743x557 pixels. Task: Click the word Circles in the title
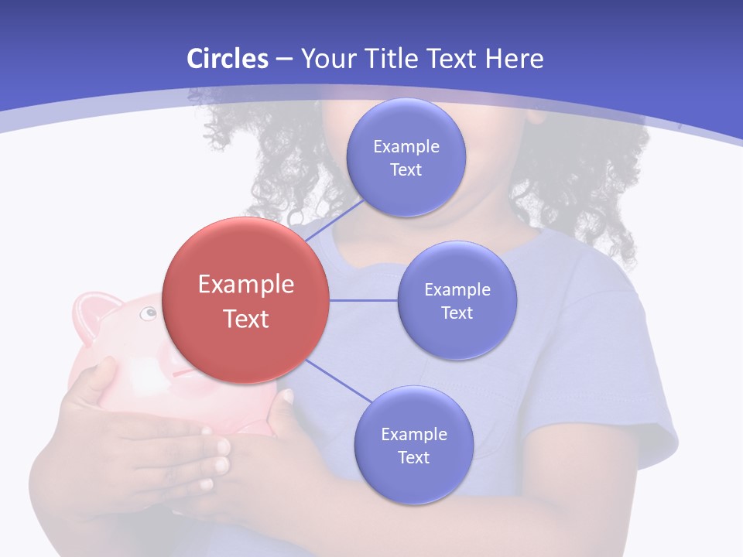click(x=228, y=59)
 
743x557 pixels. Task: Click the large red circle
click(x=246, y=301)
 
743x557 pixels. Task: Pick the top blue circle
click(x=406, y=157)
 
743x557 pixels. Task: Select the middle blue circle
click(x=457, y=300)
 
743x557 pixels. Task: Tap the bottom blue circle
click(x=413, y=445)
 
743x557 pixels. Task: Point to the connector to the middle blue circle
click(x=364, y=300)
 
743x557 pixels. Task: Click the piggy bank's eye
click(x=147, y=313)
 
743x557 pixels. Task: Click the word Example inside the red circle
click(x=246, y=285)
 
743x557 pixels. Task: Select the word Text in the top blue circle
click(x=406, y=169)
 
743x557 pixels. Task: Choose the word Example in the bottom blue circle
click(x=413, y=434)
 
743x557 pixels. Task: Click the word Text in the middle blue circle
click(x=457, y=313)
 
